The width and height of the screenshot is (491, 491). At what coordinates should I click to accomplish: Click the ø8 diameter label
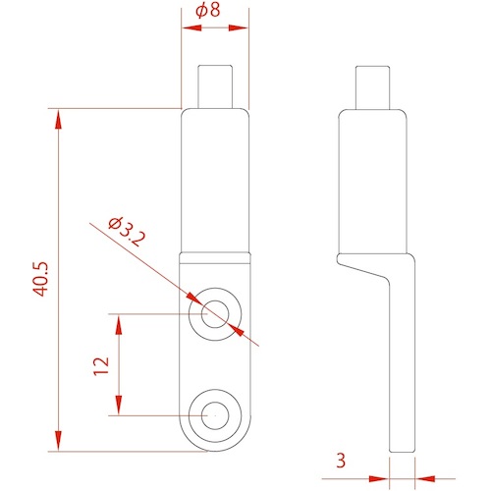(208, 11)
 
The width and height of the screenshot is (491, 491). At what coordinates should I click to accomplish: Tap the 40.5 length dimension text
(41, 279)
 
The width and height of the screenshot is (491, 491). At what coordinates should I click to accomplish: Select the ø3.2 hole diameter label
(127, 232)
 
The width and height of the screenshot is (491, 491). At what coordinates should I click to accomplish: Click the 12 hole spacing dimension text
(101, 366)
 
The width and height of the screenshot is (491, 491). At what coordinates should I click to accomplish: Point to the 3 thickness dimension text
(341, 461)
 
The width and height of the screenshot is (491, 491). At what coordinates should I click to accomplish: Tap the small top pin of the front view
(215, 86)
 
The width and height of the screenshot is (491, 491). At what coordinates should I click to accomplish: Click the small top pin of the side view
(372, 87)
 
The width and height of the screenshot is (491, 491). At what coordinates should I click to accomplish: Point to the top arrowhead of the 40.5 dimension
(58, 120)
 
